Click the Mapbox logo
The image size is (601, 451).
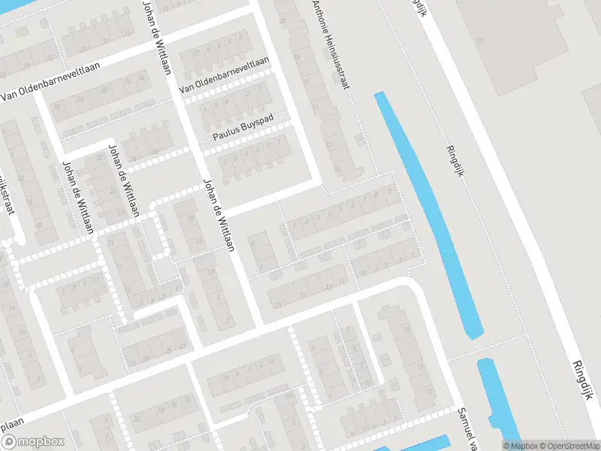point(32,442)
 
